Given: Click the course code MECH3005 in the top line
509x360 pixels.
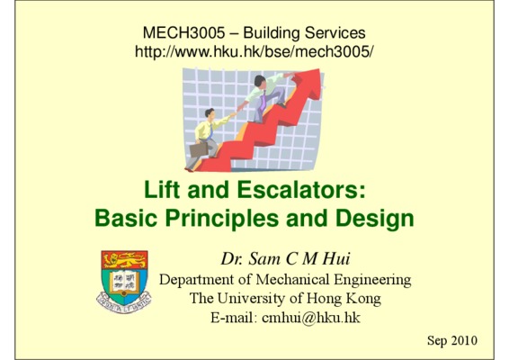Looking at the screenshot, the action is click(183, 32).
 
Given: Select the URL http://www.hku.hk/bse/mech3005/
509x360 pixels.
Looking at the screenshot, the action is click(254, 51).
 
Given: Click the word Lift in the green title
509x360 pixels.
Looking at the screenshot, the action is click(162, 189).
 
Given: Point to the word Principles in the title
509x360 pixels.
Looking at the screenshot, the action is click(222, 219).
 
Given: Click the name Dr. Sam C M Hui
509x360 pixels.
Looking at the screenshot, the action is click(285, 259).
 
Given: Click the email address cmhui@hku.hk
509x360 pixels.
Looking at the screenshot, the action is click(311, 318).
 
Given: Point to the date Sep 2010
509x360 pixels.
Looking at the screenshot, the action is click(452, 340).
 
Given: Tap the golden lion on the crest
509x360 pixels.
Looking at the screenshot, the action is click(124, 259).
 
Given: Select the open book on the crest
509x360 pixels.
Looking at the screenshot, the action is click(124, 282).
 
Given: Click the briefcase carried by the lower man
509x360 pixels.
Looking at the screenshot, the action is click(199, 149).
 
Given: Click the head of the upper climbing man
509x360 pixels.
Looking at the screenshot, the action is click(260, 80).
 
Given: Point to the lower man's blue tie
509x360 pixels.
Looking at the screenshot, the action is click(211, 130).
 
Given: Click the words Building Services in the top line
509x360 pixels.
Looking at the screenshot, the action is click(305, 32).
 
